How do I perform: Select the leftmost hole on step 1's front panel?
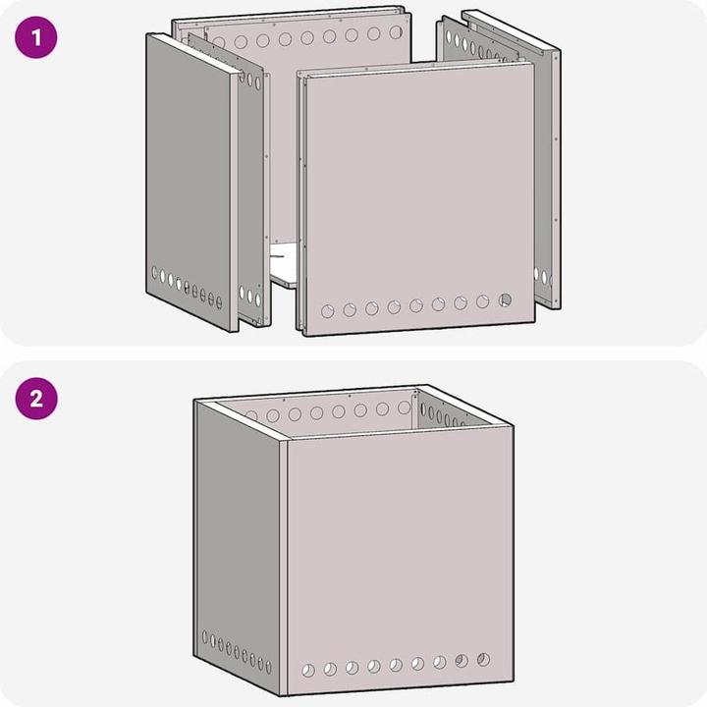coord(328,311)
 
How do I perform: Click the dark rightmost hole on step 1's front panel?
coord(506,299)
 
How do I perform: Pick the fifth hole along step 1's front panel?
coord(416,305)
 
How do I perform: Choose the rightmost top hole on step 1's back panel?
coord(396,32)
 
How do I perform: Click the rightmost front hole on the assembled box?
coord(483,659)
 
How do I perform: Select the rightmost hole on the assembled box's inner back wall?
coord(404,407)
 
